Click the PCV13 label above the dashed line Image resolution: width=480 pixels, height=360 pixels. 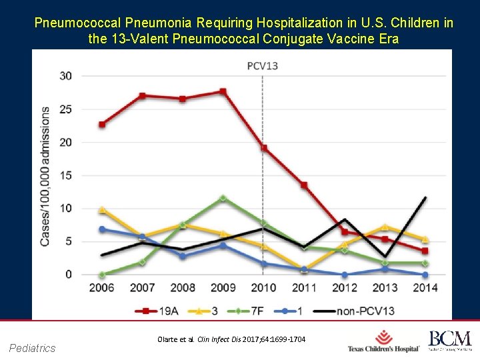click(x=263, y=65)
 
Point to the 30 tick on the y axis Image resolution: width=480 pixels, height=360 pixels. click(x=66, y=75)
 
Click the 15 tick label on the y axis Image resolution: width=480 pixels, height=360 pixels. click(x=66, y=175)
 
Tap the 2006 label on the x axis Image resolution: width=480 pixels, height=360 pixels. click(x=101, y=288)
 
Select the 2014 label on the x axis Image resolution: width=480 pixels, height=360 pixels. click(x=425, y=288)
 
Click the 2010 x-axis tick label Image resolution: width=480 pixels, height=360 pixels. click(x=263, y=288)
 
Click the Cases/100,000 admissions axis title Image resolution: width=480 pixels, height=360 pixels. click(x=45, y=175)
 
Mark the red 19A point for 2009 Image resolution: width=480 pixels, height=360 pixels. click(x=223, y=91)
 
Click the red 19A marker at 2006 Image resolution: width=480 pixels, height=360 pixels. click(x=102, y=124)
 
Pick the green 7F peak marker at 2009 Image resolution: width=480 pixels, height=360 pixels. click(x=223, y=198)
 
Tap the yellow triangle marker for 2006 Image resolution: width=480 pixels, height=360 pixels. click(x=102, y=209)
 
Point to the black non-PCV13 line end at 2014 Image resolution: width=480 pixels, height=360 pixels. click(x=425, y=197)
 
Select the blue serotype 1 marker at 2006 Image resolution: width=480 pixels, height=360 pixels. click(x=102, y=229)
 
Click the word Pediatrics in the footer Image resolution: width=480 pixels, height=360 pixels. click(x=33, y=347)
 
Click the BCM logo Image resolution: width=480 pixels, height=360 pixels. click(x=449, y=340)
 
